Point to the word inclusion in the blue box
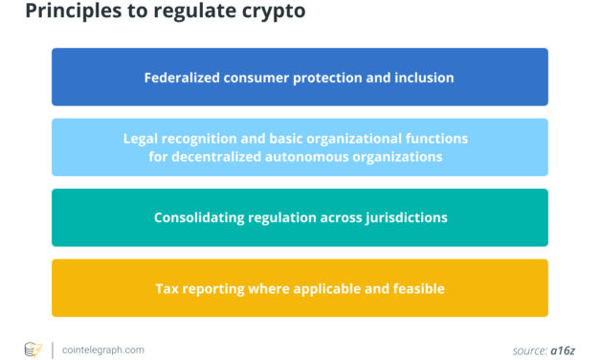424,77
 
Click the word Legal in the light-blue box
142,139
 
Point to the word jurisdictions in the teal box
404,217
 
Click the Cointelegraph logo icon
32,349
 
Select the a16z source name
562,350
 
